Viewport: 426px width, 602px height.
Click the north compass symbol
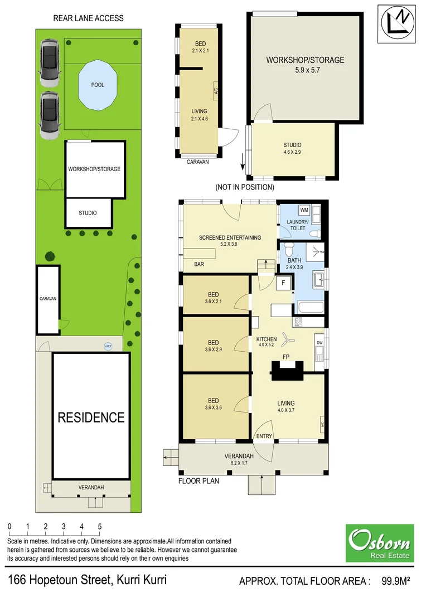396,23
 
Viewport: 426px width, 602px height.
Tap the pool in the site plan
98,86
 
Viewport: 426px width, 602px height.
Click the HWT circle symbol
108,346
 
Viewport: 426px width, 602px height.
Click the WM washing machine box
304,210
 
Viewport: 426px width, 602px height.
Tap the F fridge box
284,283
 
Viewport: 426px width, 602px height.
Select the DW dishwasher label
319,343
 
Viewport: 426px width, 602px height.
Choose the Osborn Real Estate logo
380,542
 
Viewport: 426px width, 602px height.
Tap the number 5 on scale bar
100,526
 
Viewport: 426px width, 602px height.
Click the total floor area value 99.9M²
396,581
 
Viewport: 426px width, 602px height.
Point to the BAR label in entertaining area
199,264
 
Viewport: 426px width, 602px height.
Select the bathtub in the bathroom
308,307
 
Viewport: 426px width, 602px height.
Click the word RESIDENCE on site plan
91,417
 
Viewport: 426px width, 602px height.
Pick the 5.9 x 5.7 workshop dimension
304,71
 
